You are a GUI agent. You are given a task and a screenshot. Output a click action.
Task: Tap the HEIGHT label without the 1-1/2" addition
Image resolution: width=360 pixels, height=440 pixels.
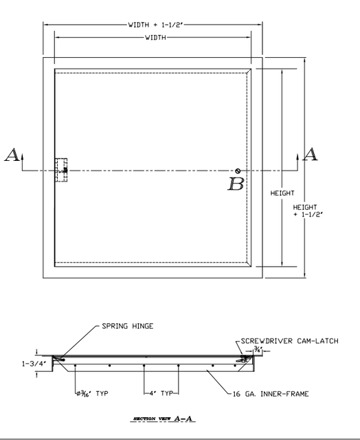tap(282, 193)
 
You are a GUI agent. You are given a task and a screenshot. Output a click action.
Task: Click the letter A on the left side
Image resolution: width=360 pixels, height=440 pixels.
tap(12, 155)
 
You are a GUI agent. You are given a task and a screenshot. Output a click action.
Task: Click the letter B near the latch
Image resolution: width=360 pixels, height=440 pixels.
tap(236, 184)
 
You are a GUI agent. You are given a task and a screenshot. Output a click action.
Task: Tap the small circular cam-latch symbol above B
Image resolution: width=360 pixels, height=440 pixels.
tap(237, 171)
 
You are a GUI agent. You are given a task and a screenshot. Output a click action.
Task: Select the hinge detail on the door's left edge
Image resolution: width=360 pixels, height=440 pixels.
tap(61, 169)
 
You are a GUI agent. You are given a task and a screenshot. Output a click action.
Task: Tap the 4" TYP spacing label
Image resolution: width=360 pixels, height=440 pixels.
tap(161, 394)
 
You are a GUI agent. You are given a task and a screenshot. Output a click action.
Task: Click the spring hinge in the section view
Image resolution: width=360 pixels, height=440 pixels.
tap(62, 358)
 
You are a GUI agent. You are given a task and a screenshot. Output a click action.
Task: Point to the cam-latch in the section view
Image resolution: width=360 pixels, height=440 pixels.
tap(243, 358)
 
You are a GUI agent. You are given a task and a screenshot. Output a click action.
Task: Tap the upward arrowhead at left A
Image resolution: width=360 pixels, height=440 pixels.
tap(23, 157)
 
